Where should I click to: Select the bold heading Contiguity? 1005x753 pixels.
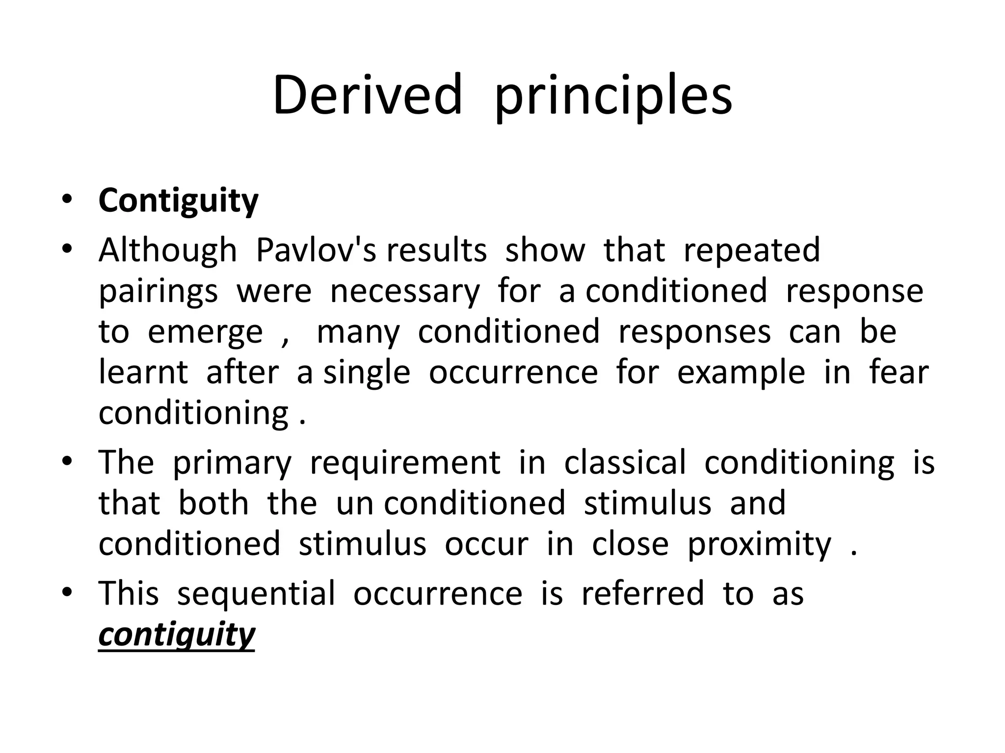[x=178, y=201]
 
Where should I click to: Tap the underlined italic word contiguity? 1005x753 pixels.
[x=177, y=635]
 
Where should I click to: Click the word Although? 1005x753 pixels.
[x=168, y=251]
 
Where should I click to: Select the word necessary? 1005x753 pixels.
[x=405, y=292]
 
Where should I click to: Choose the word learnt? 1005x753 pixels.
[x=143, y=373]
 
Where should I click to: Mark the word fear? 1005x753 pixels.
[x=899, y=373]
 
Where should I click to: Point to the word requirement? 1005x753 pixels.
[x=405, y=463]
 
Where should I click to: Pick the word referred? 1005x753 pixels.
[x=642, y=594]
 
